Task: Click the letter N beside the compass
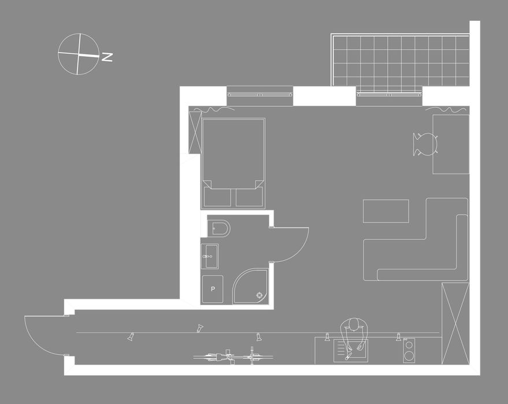click(107, 57)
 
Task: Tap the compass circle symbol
click(79, 54)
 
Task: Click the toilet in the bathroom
click(218, 228)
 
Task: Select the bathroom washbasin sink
click(210, 256)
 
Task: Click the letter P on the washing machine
click(213, 289)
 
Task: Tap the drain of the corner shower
click(259, 295)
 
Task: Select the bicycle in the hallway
click(233, 357)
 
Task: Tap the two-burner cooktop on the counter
click(409, 350)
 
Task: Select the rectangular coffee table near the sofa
click(386, 211)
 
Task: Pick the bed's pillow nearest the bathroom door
click(249, 197)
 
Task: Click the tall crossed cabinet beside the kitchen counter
click(455, 323)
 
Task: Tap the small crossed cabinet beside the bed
click(195, 132)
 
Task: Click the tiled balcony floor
click(401, 61)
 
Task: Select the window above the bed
click(260, 95)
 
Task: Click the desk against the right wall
click(451, 144)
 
